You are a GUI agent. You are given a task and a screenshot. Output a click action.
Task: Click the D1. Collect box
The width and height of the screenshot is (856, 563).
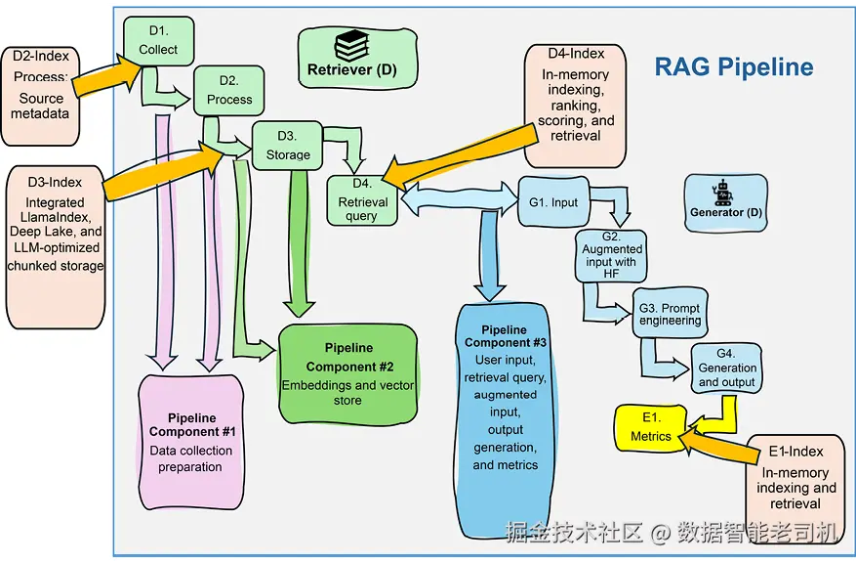tap(158, 41)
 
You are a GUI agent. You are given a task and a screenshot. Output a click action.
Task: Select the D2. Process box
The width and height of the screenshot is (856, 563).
tap(228, 91)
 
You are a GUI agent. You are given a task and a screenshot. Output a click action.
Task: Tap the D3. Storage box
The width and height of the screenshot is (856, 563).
tap(287, 146)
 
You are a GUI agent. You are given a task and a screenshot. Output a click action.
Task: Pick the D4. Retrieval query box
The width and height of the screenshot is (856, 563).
tap(362, 200)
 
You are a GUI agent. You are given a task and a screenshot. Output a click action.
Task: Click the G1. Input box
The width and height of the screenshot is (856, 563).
tap(553, 201)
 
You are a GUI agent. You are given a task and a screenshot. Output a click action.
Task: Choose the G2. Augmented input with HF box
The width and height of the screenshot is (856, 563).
tap(611, 256)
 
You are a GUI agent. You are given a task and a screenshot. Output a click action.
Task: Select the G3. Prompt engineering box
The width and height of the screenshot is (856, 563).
tap(670, 313)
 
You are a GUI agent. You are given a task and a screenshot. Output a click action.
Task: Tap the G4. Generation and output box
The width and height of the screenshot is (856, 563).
tap(726, 368)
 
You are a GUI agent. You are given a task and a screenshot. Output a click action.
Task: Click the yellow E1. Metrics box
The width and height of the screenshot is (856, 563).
tap(651, 428)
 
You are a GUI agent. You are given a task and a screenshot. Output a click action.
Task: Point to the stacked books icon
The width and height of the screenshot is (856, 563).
tap(352, 45)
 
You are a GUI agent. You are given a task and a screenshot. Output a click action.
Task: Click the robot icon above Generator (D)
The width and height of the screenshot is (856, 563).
tap(723, 192)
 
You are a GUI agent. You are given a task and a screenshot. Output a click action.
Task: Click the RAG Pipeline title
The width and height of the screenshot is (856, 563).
tap(734, 66)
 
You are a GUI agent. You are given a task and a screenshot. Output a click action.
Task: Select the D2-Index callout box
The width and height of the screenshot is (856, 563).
tap(40, 96)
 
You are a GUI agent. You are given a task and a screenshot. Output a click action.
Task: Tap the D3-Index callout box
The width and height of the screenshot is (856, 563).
tap(55, 247)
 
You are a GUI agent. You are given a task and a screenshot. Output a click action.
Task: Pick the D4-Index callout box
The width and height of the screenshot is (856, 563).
tap(575, 106)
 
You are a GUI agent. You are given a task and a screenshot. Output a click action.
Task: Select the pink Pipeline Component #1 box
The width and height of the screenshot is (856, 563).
tap(190, 442)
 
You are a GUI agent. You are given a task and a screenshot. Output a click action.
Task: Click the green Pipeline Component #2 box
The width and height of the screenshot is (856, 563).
tap(347, 374)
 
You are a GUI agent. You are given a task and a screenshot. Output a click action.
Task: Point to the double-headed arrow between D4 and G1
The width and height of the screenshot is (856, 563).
tap(459, 198)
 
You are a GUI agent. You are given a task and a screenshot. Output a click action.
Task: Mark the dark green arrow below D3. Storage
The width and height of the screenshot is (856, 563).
tap(299, 243)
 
